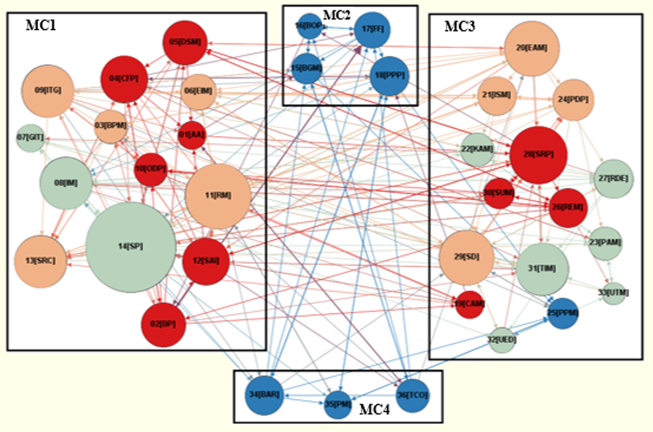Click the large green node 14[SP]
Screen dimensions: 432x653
click(130, 246)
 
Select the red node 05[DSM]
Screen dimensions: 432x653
click(185, 43)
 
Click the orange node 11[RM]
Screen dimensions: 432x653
click(217, 196)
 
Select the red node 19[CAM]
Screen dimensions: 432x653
click(469, 304)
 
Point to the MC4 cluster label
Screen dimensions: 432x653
click(374, 409)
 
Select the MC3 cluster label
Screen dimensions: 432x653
click(460, 26)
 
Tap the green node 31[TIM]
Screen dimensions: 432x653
click(542, 268)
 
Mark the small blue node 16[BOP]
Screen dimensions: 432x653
click(310, 26)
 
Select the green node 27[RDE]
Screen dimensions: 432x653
click(613, 179)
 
